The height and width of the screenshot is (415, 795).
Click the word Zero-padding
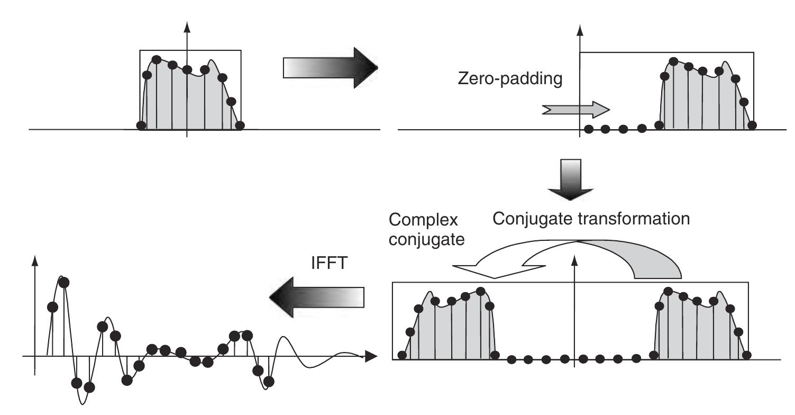tap(510, 78)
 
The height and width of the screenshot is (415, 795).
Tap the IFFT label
tap(329, 263)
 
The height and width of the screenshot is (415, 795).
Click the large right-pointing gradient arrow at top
tap(331, 68)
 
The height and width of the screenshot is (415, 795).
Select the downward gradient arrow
tap(570, 179)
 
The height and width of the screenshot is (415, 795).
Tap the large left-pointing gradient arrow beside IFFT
tap(317, 297)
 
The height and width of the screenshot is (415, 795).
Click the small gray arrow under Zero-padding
tap(575, 110)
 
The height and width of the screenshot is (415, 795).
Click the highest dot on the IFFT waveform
tap(64, 283)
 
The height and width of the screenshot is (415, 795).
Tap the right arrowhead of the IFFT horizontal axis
tap(371, 356)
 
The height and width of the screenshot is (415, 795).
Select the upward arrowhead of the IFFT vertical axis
tap(35, 261)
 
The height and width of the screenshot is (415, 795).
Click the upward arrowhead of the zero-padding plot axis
tap(580, 31)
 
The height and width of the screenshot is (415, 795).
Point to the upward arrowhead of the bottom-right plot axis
tap(574, 260)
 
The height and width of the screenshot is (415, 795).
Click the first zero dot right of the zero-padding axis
tap(588, 129)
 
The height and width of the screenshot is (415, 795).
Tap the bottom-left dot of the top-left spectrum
tap(141, 125)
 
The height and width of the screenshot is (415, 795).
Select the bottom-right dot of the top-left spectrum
tap(240, 125)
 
